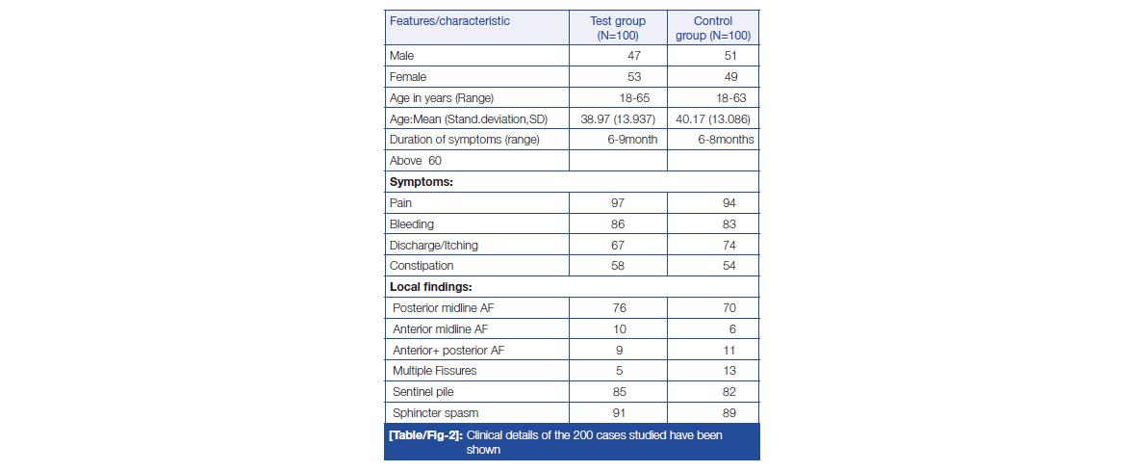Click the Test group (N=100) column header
(x=618, y=28)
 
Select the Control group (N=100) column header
(x=713, y=28)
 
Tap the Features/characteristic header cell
(x=449, y=21)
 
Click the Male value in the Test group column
(x=633, y=56)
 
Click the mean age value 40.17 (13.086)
(x=713, y=118)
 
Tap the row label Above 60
(x=416, y=161)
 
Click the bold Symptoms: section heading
(x=421, y=182)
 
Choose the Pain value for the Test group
(x=619, y=203)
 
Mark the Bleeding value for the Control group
(x=729, y=224)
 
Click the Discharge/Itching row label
(x=433, y=246)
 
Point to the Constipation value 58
(x=619, y=266)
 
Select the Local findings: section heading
(x=430, y=287)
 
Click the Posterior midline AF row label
(x=447, y=308)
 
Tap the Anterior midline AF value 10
(x=619, y=329)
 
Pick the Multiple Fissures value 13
(x=729, y=371)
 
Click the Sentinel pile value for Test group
(x=619, y=392)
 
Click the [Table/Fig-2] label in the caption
(x=423, y=435)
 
